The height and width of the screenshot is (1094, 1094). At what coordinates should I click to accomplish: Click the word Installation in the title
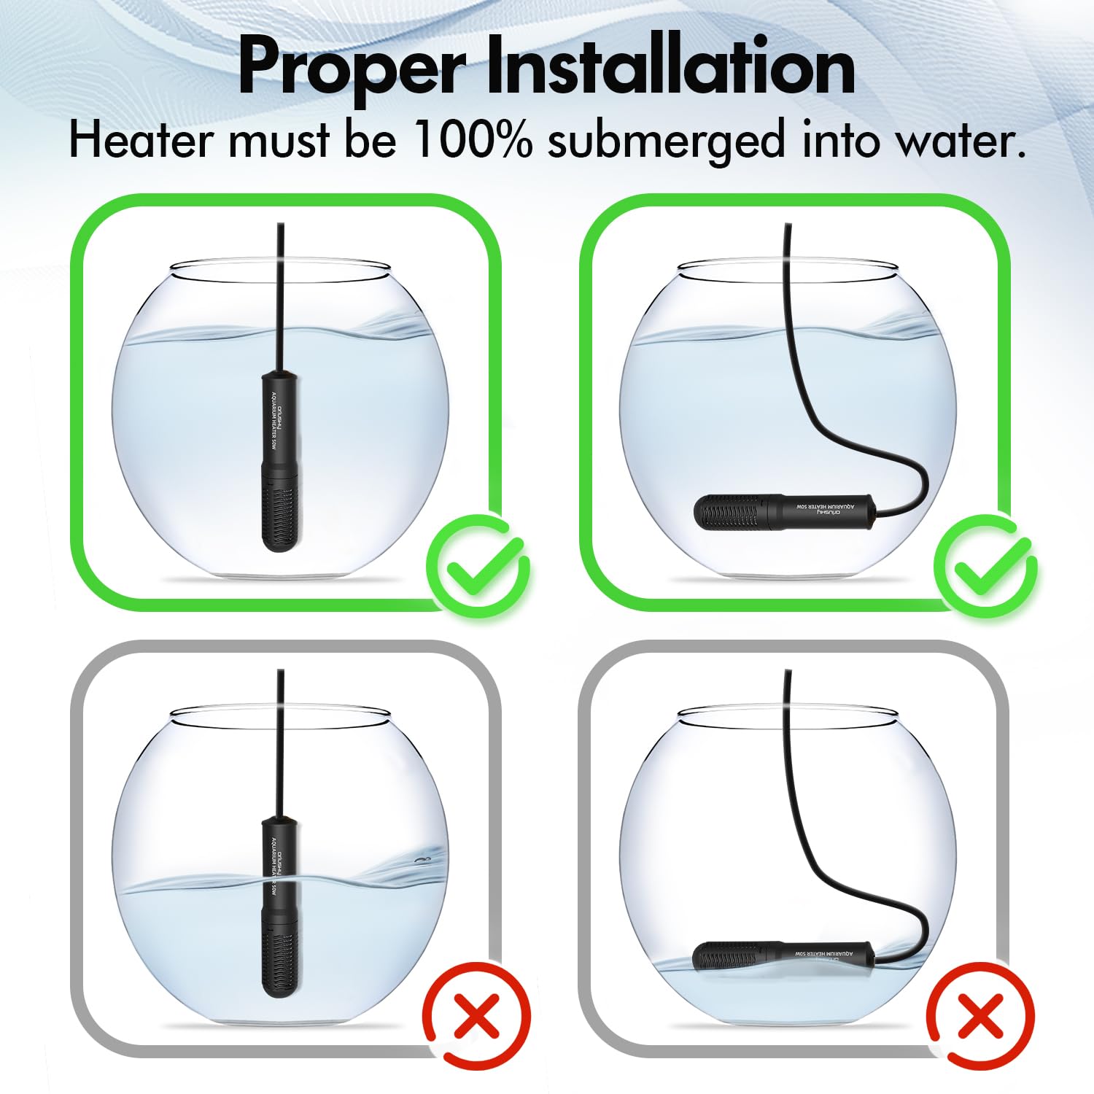pos(670,67)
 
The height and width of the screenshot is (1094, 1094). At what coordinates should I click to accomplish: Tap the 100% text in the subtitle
pos(472,140)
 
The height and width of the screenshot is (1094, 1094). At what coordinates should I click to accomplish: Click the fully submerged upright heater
pos(280,459)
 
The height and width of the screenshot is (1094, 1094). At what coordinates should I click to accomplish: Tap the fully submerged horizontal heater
pos(784,511)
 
